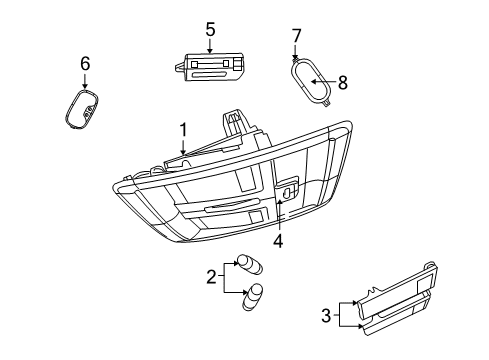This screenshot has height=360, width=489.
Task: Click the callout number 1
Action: (183, 128)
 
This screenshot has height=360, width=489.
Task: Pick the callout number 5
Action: (210, 30)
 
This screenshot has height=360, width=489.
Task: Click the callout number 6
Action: (85, 64)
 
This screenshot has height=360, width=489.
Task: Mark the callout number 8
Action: (342, 83)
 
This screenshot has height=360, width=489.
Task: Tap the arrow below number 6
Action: (85, 83)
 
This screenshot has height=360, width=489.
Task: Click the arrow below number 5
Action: (210, 46)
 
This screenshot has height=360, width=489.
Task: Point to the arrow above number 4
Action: (278, 214)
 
